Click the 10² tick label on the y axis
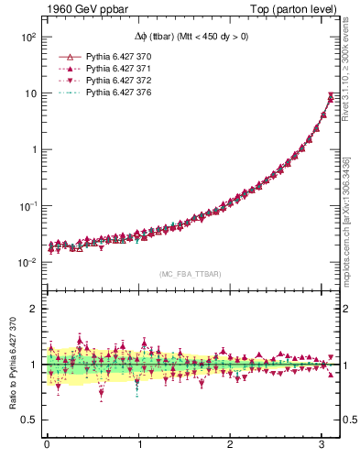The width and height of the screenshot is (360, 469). [27, 38]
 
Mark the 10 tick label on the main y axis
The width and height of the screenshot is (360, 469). [29, 93]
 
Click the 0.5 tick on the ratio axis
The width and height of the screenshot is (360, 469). [28, 420]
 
